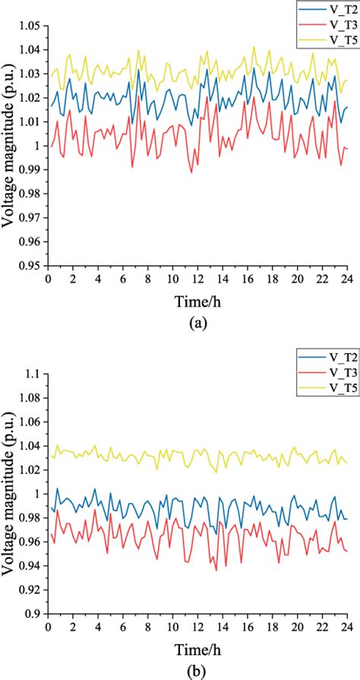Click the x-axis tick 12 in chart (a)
(x=197, y=279)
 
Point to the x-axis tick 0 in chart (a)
(x=48, y=279)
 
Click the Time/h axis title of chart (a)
(x=197, y=300)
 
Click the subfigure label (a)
(x=197, y=322)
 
